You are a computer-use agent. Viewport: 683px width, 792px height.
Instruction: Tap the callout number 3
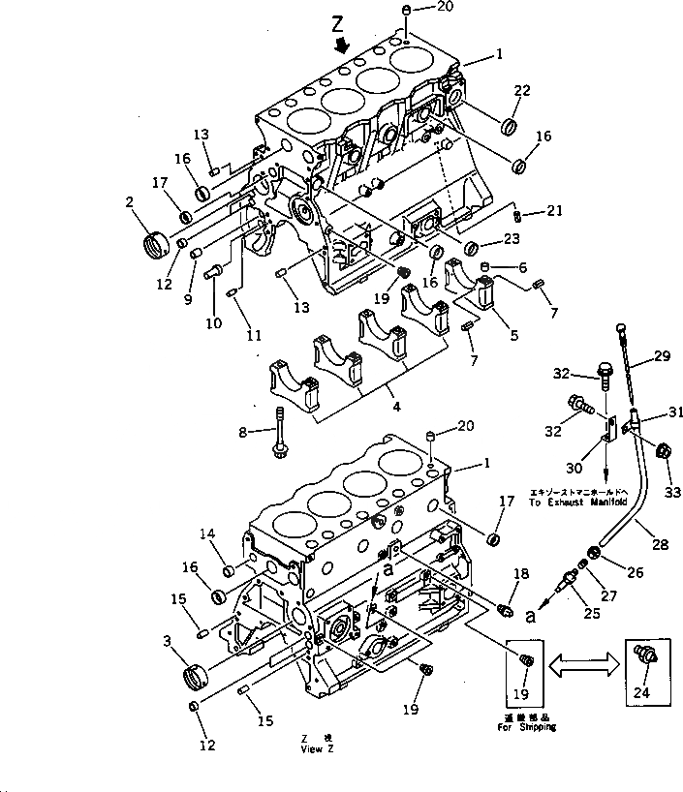tap(169, 640)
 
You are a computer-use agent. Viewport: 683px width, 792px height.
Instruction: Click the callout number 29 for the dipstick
tap(661, 357)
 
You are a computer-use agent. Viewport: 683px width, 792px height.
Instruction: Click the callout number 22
tap(522, 91)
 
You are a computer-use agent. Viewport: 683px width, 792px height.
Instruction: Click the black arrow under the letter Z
tap(339, 46)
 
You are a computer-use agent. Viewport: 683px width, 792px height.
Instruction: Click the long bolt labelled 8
tap(280, 430)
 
